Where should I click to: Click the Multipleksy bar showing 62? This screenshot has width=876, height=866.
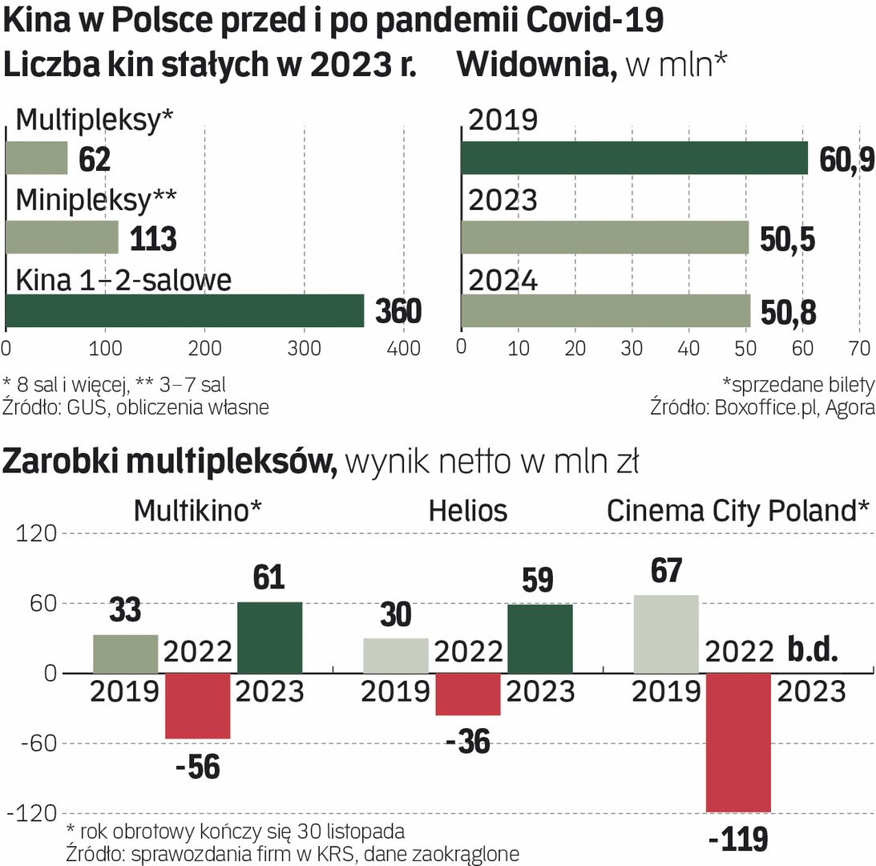tap(37, 158)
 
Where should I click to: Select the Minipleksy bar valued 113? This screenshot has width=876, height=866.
tap(62, 237)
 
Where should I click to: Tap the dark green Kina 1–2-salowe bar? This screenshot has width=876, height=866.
tap(184, 311)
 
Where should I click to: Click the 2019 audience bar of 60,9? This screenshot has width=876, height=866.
tap(634, 158)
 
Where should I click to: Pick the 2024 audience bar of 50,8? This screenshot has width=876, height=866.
tap(605, 311)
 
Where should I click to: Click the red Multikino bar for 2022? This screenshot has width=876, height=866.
tap(197, 706)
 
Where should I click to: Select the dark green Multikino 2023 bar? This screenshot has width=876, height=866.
tap(270, 637)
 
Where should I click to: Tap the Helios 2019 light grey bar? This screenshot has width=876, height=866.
tap(396, 655)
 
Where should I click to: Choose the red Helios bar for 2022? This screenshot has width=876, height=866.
tap(468, 694)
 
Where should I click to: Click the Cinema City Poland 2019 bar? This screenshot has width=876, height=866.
tap(666, 633)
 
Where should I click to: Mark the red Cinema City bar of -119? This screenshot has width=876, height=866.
tap(738, 743)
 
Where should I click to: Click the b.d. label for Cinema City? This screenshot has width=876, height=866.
tap(813, 649)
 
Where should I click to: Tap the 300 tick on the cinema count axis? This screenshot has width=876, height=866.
tap(304, 348)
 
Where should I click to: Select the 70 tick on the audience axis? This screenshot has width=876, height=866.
tap(859, 347)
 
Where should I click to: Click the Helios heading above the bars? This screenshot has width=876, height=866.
tap(468, 511)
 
